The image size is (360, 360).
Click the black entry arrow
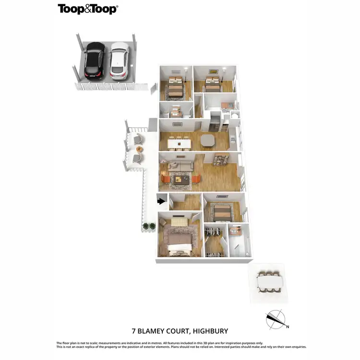[162, 202]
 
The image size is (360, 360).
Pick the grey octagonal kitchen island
[208, 140]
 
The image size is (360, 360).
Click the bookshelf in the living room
[223, 159]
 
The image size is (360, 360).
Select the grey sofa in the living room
[180, 166]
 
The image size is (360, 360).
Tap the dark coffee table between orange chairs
[181, 180]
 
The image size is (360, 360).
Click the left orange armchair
[165, 179]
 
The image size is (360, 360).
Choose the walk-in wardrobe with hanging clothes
[214, 239]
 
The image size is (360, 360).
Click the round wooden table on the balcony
[140, 149]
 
